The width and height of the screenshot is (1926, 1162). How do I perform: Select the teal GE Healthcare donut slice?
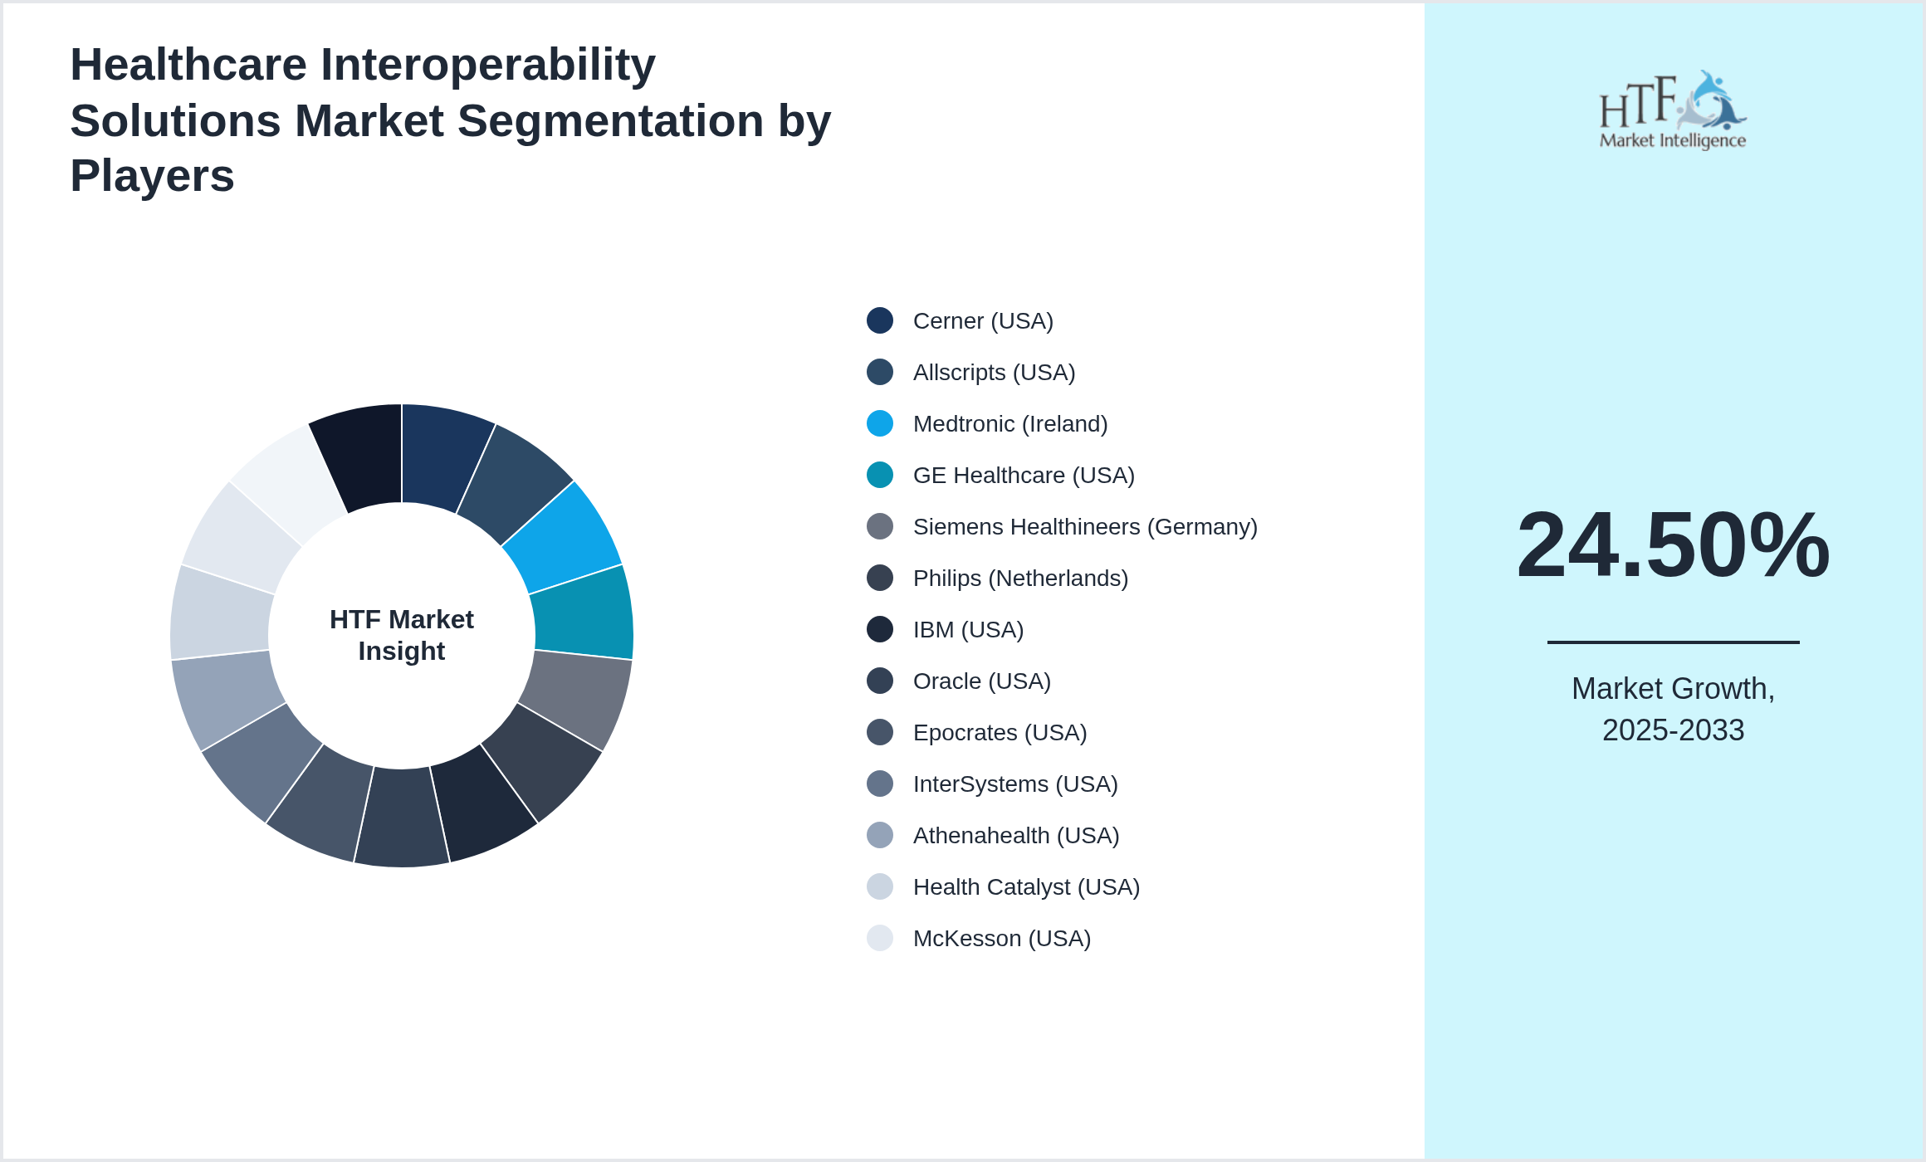point(584,613)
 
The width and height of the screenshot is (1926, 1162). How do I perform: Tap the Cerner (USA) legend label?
point(983,321)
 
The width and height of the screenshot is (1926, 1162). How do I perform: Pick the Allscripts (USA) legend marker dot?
point(880,372)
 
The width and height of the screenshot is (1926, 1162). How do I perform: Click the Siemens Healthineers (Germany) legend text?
point(1084,527)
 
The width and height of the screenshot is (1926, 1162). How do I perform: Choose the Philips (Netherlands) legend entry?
point(1020,579)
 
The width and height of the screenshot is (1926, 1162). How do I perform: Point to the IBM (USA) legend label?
point(968,630)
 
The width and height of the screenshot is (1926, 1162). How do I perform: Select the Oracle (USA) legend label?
point(981,681)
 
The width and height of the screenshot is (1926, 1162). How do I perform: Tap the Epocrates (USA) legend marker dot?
point(880,732)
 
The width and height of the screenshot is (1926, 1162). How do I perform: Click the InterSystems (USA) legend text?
point(1014,784)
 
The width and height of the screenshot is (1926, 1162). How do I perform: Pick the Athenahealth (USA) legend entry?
point(1015,836)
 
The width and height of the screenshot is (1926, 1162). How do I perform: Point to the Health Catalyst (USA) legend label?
point(1026,887)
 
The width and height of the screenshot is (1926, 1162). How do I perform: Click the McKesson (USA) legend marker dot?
point(880,938)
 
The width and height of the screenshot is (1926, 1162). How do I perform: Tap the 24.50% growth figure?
point(1673,545)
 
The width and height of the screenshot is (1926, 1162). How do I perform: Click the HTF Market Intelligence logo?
point(1673,110)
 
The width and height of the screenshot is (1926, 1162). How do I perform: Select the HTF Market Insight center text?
point(402,635)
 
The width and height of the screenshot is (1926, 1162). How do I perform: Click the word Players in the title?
point(153,176)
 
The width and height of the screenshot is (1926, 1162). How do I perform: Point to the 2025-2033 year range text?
point(1673,730)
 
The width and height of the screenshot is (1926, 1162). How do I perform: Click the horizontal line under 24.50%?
point(1673,642)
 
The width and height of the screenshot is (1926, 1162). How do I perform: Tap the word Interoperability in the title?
point(488,65)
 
